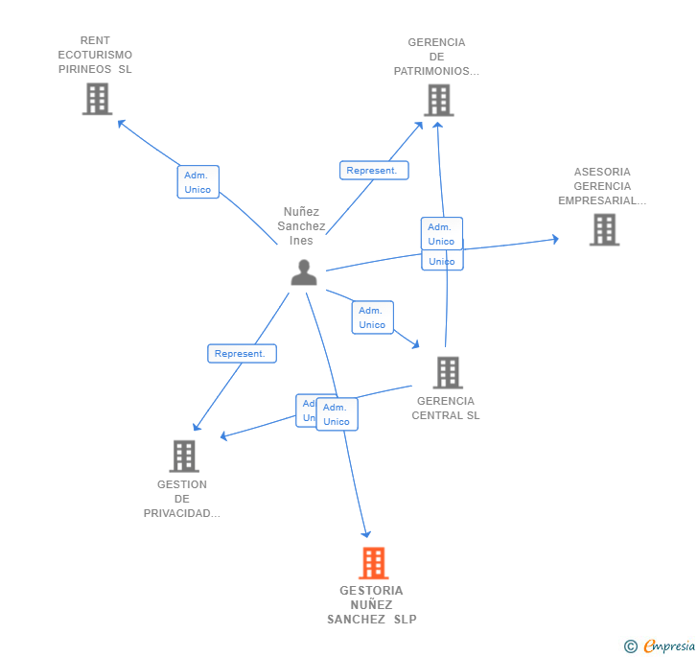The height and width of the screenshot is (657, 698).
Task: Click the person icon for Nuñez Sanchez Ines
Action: pos(304,272)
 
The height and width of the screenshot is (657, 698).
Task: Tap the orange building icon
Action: pos(373,563)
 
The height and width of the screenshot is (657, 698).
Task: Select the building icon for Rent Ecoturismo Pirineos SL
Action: pos(97,99)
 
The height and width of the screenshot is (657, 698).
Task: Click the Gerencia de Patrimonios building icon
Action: pos(438,100)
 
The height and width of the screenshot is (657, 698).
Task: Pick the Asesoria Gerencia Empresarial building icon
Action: pos(604,229)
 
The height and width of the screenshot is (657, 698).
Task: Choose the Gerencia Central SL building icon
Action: pos(447,372)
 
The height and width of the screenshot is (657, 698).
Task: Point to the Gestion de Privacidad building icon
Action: pos(184,457)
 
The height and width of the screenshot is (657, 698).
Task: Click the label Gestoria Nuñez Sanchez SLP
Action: pos(372,605)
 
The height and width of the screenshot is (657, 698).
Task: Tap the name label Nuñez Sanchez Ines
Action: pos(302,226)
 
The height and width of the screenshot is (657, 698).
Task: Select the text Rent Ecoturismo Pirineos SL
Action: pos(95,55)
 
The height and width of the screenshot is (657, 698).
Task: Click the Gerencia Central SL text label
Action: pos(446,409)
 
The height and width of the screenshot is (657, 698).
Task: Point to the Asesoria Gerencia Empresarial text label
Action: pos(602,186)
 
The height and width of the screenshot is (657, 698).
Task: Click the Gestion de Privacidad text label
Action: pos(182,499)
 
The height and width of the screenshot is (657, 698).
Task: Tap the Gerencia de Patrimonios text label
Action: pos(436,57)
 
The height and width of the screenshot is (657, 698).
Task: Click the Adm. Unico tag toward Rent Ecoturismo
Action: pos(198,182)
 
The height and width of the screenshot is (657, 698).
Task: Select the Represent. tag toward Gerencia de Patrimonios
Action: pos(373,171)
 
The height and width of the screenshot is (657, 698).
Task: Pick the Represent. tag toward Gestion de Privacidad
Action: pos(242,354)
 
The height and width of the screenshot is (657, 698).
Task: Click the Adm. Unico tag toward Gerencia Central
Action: pos(372,317)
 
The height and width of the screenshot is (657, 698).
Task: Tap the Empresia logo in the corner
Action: pos(661,646)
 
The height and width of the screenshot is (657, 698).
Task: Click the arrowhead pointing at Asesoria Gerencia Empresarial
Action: pos(554,240)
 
